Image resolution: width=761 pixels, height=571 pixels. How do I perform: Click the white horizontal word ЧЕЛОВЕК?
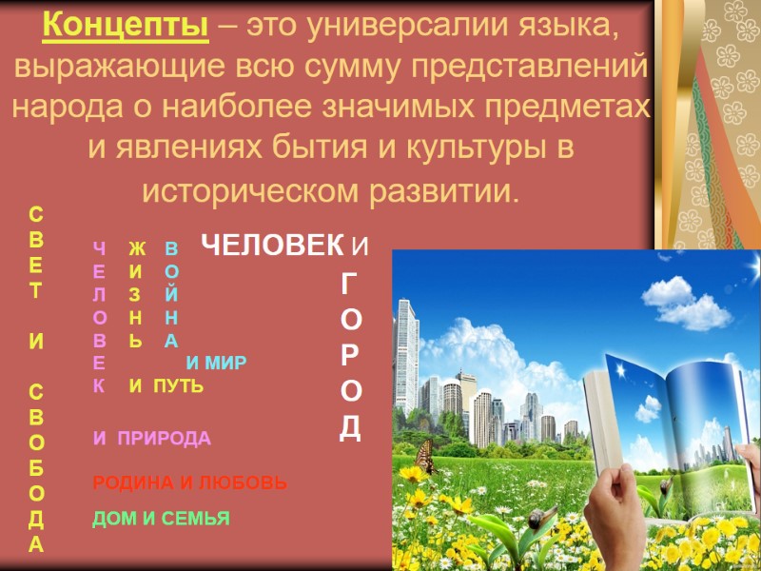[x=272, y=246]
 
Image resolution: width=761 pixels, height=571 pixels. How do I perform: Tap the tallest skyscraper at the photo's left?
[x=407, y=352]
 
